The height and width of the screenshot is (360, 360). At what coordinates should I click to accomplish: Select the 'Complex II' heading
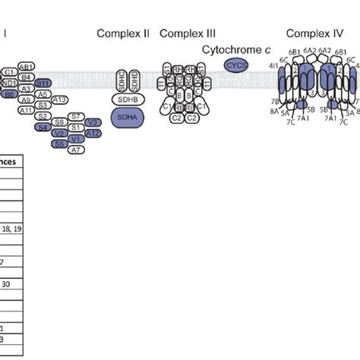click(123, 33)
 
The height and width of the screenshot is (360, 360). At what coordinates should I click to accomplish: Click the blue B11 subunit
click(43, 83)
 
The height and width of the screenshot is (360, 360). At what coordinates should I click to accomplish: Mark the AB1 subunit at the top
click(26, 66)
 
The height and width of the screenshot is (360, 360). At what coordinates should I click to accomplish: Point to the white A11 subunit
click(26, 110)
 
